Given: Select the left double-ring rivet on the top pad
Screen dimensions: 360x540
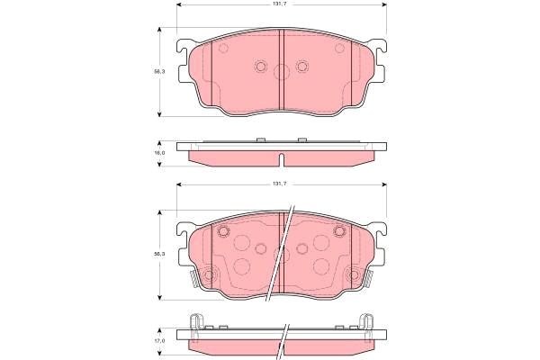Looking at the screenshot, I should [x=261, y=66].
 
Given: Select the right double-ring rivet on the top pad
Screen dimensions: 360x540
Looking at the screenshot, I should [x=301, y=66].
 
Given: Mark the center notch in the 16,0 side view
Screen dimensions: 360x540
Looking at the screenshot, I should [x=282, y=161].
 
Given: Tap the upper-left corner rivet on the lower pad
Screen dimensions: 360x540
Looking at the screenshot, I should [x=224, y=231].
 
